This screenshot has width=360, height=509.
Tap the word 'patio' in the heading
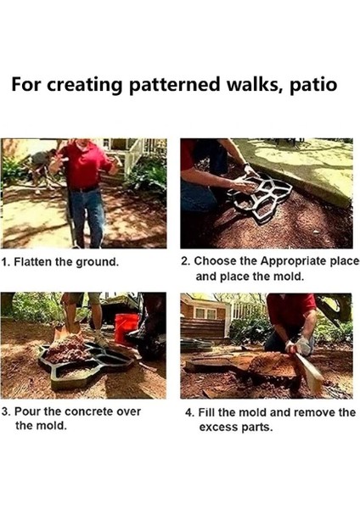point(312,85)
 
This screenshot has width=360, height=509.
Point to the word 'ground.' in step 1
point(97,262)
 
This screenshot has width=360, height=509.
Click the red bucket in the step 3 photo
point(127,328)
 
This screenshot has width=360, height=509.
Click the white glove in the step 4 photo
point(302,346)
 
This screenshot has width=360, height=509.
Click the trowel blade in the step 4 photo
point(310,373)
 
